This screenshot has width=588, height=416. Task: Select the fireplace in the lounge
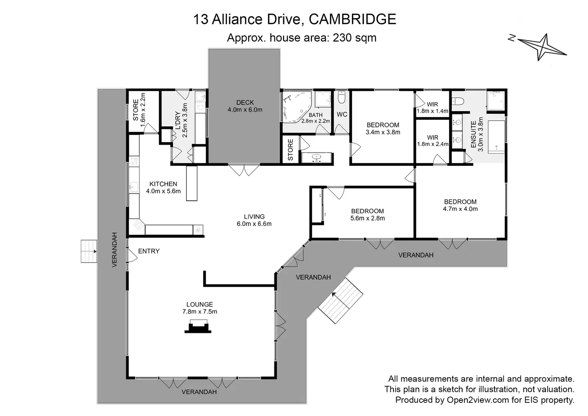tap(198, 326)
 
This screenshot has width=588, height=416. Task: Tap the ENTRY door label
tap(149, 251)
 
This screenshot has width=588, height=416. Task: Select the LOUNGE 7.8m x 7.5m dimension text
tap(199, 312)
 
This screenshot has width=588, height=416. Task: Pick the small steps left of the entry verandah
tap(89, 251)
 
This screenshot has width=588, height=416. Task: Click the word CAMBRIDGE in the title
tap(353, 19)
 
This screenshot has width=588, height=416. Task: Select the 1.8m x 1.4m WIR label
tap(432, 108)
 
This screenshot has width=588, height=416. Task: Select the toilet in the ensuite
tap(458, 101)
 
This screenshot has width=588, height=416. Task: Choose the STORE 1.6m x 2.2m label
tap(139, 110)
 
